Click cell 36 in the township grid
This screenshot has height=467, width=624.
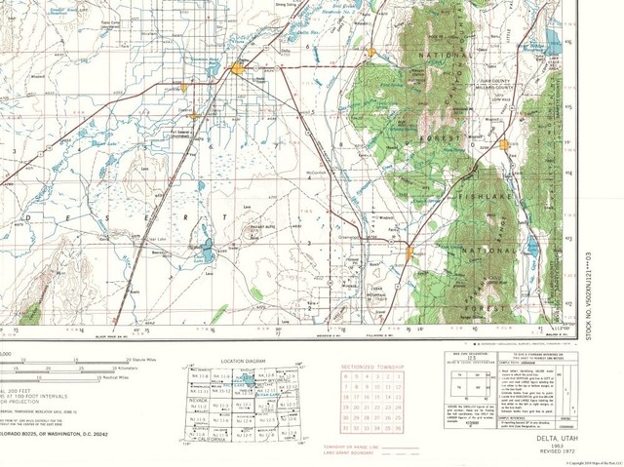click(397, 426)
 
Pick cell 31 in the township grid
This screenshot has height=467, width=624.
click(344, 426)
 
